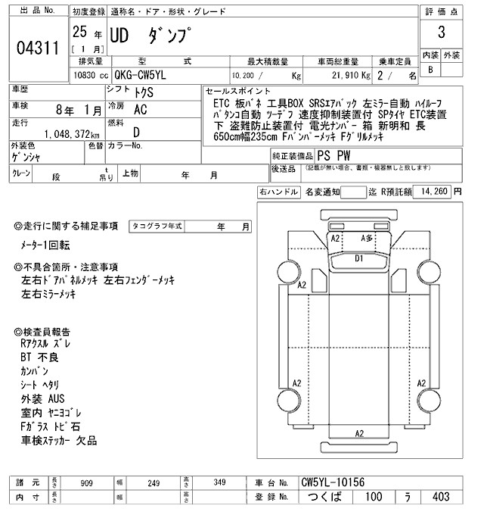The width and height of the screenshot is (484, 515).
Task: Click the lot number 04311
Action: pos(37,50)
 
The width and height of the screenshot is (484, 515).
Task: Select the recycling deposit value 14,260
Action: pos(433,192)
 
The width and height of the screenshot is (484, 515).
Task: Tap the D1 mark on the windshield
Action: pos(359,258)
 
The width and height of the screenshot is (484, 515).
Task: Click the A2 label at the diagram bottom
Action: pos(360,433)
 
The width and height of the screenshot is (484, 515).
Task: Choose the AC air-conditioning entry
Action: pos(140,110)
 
